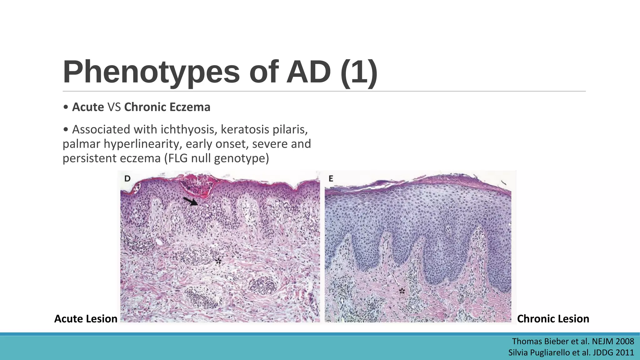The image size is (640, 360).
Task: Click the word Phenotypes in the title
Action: pos(151,72)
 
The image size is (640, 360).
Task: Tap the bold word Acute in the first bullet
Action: pos(88,107)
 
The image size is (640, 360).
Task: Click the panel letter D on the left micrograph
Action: pos(127,179)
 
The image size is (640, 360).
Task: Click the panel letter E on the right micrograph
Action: pos(331,179)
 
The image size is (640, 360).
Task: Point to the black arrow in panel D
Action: pos(190,201)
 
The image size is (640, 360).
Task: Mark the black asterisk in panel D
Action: pos(218,261)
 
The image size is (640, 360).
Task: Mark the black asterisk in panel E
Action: pos(402,291)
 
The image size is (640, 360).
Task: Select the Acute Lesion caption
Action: pos(86,319)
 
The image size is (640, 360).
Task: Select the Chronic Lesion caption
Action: pos(553,319)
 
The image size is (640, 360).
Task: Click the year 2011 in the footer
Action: pos(625,352)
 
